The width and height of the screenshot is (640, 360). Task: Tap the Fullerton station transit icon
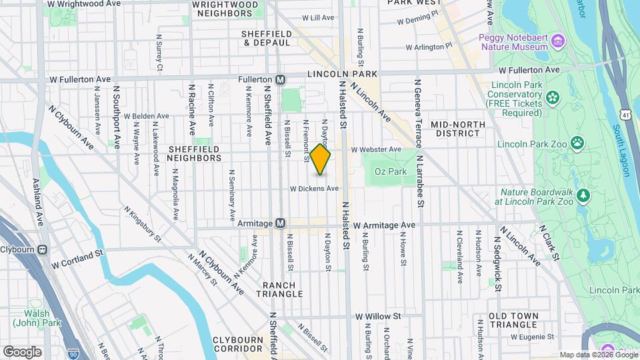(281, 79)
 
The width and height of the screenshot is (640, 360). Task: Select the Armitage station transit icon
(281, 223)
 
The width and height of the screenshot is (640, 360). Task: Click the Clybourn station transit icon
(43, 250)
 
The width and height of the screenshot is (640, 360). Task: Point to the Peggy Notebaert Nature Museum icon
(559, 42)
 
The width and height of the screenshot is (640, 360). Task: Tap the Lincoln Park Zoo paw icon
(577, 142)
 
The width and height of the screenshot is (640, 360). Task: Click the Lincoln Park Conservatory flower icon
(552, 99)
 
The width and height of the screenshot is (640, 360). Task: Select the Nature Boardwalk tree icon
(584, 195)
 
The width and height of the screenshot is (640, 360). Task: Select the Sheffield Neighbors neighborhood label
(195, 153)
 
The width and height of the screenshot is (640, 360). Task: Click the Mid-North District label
(455, 129)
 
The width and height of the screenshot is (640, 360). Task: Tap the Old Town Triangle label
(512, 320)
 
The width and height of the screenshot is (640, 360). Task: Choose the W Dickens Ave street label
(319, 189)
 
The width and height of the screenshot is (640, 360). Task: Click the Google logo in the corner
(21, 351)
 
